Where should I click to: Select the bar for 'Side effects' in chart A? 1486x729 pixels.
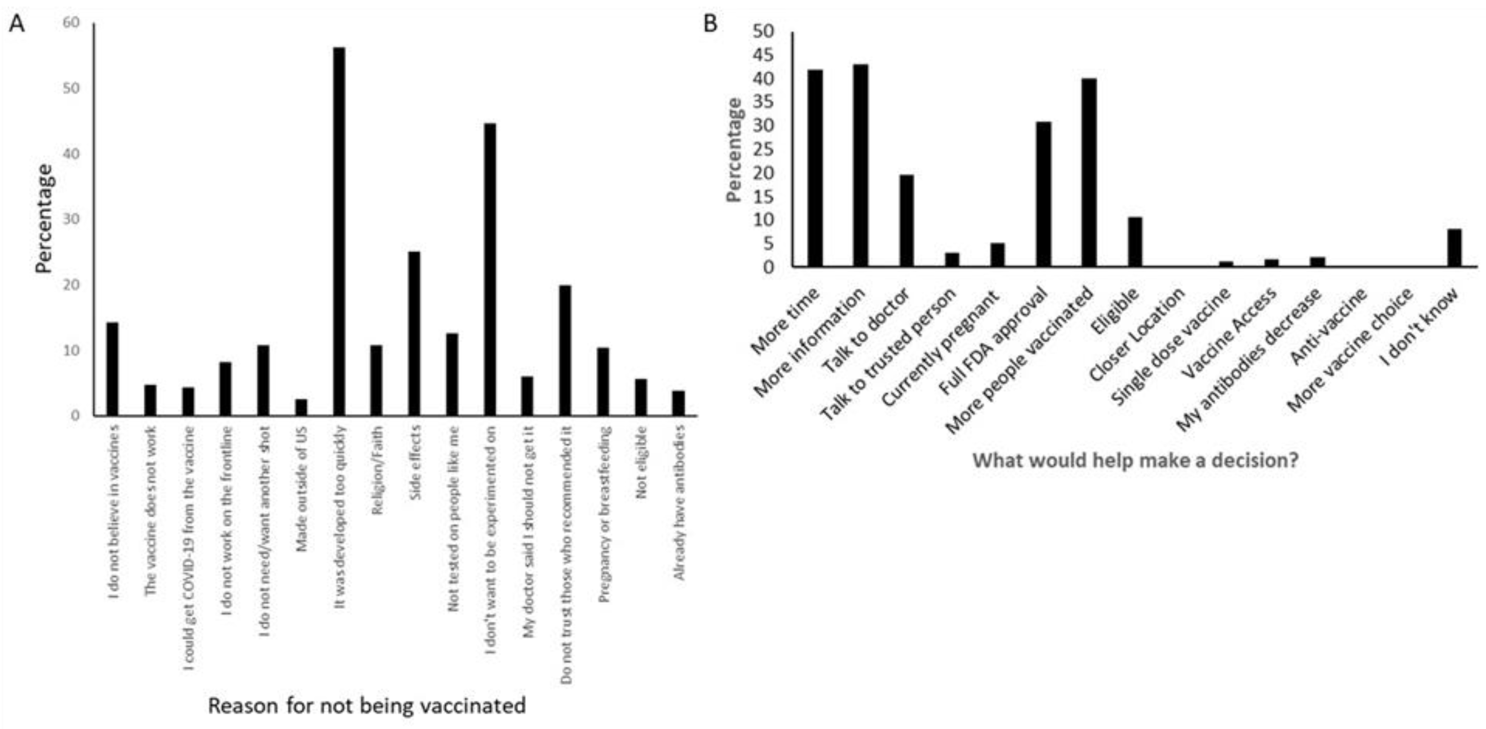[x=414, y=333]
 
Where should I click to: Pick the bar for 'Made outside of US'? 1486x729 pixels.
[x=301, y=407]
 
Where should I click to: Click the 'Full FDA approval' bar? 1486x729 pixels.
[x=1044, y=194]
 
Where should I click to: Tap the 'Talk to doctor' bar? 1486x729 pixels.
[x=906, y=220]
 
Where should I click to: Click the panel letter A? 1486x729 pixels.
[x=17, y=24]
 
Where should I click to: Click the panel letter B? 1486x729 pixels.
[x=711, y=24]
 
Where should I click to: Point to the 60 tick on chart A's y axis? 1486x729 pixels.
[x=72, y=22]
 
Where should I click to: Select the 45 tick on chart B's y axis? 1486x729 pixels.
[x=764, y=55]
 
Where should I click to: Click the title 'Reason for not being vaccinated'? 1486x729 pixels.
[x=367, y=705]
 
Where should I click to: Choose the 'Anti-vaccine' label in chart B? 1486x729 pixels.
[x=1328, y=327]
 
